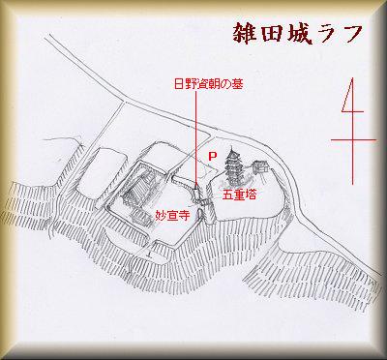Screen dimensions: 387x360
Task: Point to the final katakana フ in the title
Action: click(x=348, y=34)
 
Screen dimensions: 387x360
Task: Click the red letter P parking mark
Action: click(x=213, y=157)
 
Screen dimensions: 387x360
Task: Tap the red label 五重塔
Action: click(x=239, y=195)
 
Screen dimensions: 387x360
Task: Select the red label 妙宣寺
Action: click(x=172, y=216)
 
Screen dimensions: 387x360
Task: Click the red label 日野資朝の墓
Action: click(x=209, y=85)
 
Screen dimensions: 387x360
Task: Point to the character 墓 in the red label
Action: click(x=238, y=85)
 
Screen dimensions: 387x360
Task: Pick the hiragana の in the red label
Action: click(x=226, y=85)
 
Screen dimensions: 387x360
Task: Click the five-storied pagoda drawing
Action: click(x=232, y=166)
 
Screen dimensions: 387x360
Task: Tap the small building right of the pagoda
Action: click(x=260, y=167)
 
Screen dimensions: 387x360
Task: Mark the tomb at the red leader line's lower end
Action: click(x=196, y=192)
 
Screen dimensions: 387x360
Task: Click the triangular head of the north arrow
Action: click(x=350, y=96)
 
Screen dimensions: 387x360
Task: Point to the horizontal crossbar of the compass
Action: click(x=353, y=140)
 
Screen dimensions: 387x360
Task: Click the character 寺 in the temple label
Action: click(x=184, y=216)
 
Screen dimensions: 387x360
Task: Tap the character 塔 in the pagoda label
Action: click(x=251, y=195)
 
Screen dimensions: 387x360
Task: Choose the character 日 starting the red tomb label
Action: click(x=179, y=85)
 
